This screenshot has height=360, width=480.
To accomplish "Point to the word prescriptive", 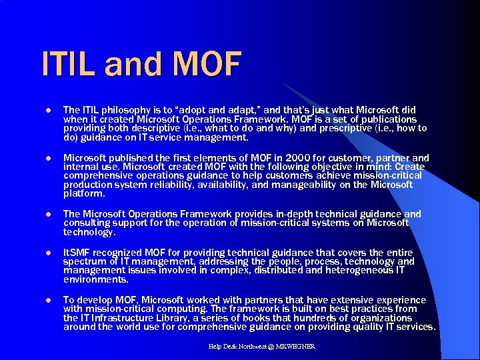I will (359, 128).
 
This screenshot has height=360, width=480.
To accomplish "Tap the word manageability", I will (313, 185).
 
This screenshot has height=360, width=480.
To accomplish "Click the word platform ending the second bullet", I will (83, 194).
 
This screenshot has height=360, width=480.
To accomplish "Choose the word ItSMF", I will (78, 253).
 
